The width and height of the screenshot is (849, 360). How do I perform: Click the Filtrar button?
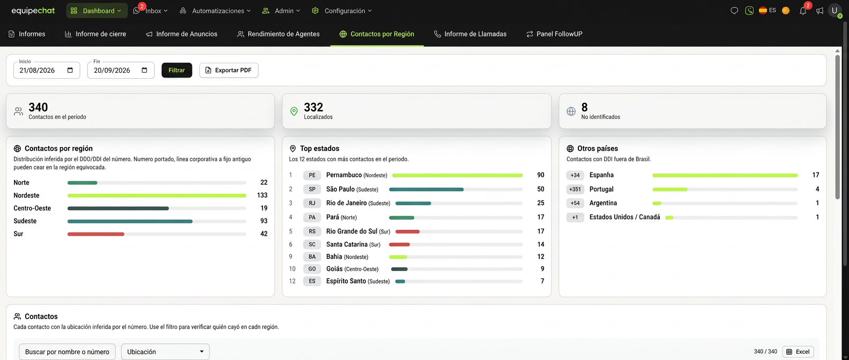(177, 70)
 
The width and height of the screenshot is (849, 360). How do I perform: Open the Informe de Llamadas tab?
(470, 34)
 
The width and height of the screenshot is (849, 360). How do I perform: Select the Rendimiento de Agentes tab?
(278, 34)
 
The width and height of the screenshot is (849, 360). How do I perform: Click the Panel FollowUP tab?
(554, 34)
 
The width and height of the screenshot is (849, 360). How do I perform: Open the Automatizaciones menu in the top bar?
(215, 11)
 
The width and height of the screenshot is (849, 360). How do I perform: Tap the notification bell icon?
(803, 11)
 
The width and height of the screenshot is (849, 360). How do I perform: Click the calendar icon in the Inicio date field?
(70, 70)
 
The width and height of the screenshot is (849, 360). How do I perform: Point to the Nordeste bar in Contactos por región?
(157, 196)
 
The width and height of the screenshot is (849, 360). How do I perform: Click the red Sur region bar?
(96, 234)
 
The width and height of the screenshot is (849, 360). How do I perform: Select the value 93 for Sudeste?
(264, 221)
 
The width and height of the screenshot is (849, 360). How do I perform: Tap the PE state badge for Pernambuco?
(312, 175)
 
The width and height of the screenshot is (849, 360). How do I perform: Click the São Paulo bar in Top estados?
(426, 190)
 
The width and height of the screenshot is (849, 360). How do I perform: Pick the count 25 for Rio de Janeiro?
(540, 203)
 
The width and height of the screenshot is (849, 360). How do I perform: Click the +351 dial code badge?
(575, 189)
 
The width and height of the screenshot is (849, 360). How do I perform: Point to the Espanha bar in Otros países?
(725, 176)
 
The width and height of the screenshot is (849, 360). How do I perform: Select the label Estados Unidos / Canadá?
(624, 217)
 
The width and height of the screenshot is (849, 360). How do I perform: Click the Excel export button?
(798, 351)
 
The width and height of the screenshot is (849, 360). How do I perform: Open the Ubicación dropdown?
(165, 351)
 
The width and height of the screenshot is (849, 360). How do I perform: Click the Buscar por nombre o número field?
(67, 351)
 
